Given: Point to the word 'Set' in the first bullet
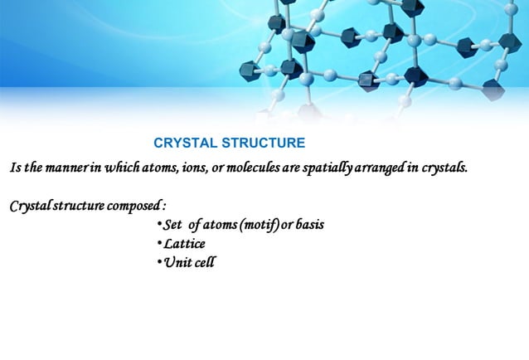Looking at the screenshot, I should coord(172,225).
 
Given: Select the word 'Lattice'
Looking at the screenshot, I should coord(184,244).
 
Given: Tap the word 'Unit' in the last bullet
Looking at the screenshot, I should coord(176,263).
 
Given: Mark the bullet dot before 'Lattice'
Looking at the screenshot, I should coord(159,244).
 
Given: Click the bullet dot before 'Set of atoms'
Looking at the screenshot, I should coord(159,225).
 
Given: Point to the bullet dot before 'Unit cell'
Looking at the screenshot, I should coord(159,263).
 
